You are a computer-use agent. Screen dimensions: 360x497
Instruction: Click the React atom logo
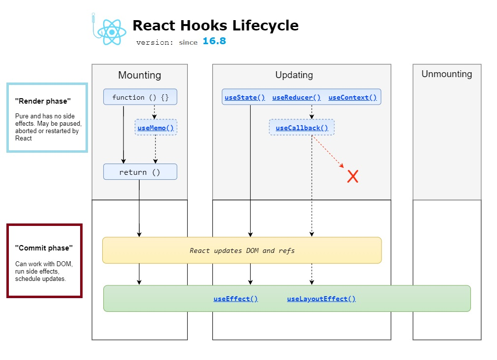click(112, 32)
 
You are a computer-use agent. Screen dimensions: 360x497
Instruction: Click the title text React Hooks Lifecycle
click(215, 26)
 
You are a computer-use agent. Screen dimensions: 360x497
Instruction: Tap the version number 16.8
click(214, 41)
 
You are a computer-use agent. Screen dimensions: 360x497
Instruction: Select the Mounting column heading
click(140, 75)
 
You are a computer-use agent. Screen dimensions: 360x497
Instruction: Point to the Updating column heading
click(294, 75)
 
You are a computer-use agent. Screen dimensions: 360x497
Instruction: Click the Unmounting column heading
click(446, 74)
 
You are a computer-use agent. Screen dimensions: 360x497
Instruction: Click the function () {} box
click(140, 97)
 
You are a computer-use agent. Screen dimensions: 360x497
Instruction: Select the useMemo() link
click(156, 128)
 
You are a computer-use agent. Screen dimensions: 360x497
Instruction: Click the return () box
click(140, 172)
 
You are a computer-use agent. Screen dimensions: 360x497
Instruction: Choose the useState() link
click(245, 97)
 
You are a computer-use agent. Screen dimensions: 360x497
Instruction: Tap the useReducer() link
click(296, 97)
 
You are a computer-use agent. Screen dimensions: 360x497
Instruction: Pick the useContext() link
click(352, 97)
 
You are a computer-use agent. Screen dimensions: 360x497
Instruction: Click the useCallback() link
click(302, 128)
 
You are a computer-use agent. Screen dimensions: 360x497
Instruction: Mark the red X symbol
click(352, 176)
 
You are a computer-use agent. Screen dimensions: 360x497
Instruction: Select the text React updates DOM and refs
click(242, 250)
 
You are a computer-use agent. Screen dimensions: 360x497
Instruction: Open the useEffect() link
click(235, 299)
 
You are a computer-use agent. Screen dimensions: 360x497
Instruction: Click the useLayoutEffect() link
click(322, 299)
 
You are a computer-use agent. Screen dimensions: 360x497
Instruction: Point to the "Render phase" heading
click(43, 101)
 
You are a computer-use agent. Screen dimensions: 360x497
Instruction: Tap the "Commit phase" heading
click(43, 248)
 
